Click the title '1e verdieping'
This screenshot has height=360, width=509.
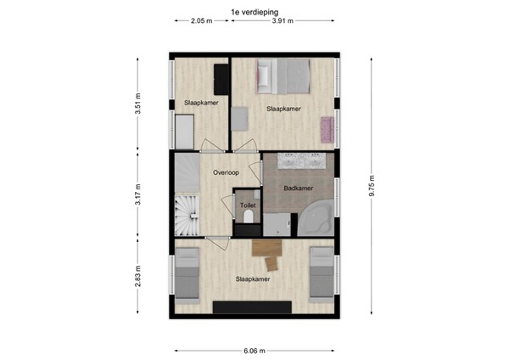pos(254,11)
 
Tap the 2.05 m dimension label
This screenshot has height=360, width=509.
pos(201,20)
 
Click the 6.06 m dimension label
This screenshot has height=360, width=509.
pos(254,350)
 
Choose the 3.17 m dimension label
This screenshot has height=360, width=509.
pos(137,194)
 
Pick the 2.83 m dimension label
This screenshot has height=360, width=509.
pos(137,277)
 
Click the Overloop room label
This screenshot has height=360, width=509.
pos(227,172)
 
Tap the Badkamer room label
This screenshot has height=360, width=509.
pos(298,188)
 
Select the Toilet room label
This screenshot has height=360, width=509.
pos(248,205)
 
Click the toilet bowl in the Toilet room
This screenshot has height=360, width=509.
pos(248,220)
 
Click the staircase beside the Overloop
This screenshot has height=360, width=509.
pos(186,217)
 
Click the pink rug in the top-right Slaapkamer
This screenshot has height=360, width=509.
pos(325,129)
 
